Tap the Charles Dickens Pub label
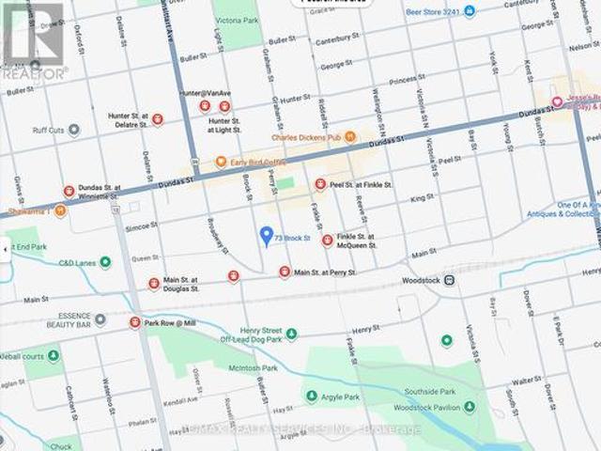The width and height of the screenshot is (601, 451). (305, 137)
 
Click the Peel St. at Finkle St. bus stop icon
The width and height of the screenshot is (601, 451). (320, 184)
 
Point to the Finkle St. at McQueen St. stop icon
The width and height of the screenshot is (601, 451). (327, 241)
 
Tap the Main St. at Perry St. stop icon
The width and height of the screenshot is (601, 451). (284, 272)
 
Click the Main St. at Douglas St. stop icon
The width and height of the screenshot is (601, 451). (154, 283)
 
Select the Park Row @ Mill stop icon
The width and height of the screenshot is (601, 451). (135, 322)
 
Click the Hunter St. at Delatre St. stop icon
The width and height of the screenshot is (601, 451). (158, 119)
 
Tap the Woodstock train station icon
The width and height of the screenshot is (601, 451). (451, 281)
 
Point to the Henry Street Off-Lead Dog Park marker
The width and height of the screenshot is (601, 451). (291, 334)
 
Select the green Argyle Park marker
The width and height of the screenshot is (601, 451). (311, 396)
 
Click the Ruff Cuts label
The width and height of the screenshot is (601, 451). (49, 132)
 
